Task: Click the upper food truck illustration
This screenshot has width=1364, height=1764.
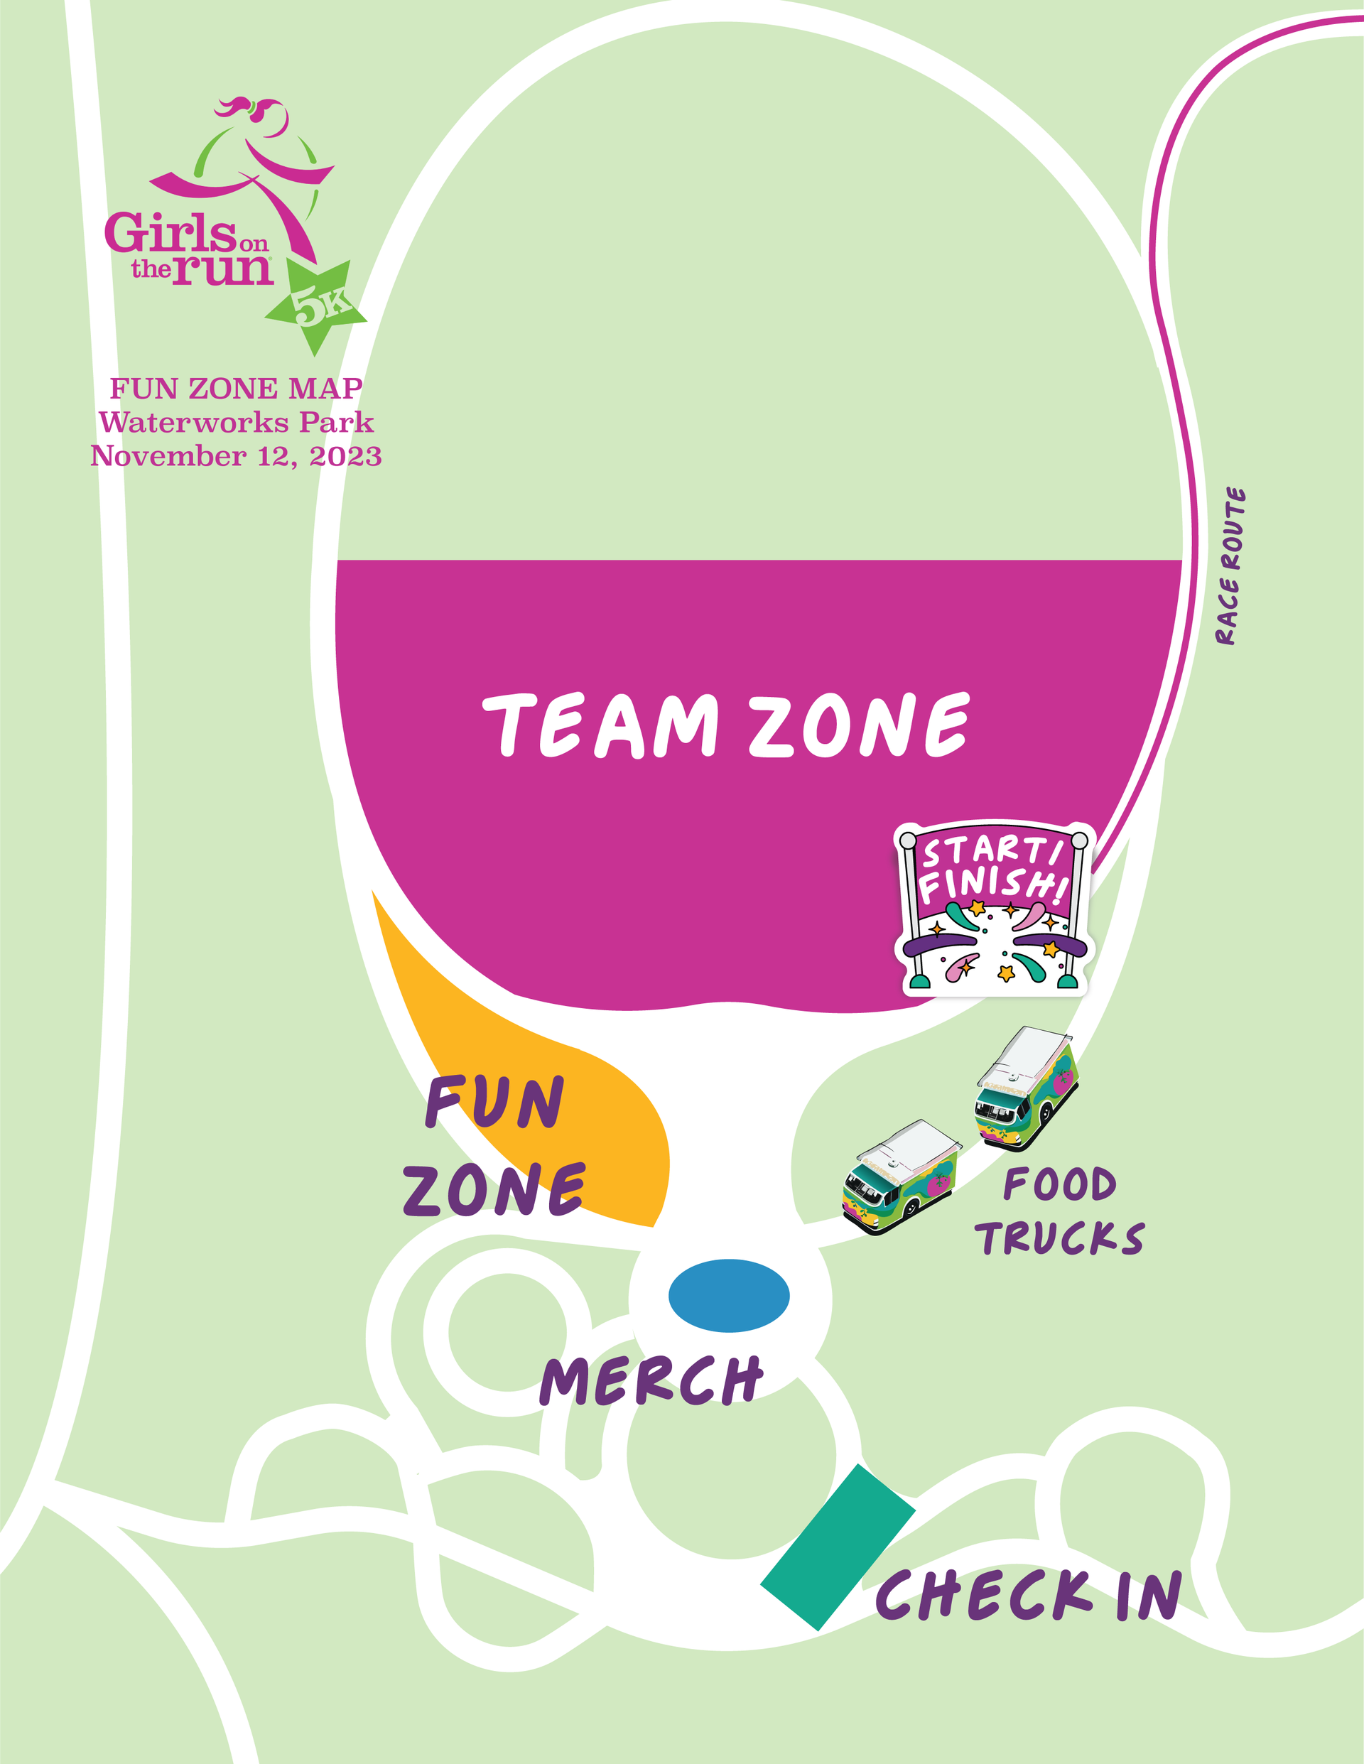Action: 1027,1087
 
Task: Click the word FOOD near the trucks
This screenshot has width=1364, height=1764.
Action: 1059,1185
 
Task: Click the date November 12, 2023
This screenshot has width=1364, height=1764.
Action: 236,456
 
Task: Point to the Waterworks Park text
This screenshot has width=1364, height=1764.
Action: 236,423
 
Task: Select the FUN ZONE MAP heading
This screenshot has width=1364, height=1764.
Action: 236,389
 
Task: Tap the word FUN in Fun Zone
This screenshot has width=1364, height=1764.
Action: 494,1102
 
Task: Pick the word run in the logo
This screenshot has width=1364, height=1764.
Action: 223,269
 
